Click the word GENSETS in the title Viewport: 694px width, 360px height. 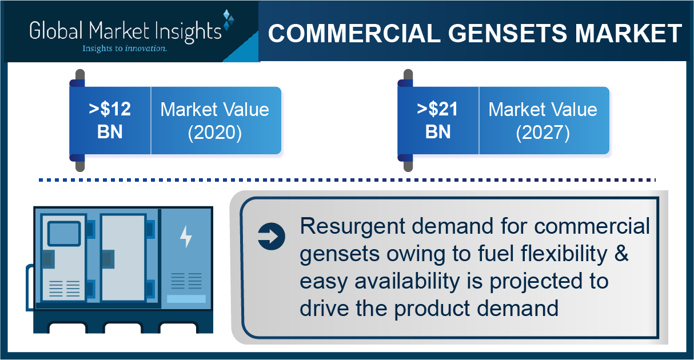click(x=508, y=33)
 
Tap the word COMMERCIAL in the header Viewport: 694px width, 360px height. click(x=354, y=33)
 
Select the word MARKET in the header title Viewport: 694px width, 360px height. click(x=628, y=33)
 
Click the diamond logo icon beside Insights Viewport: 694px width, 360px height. click(x=228, y=20)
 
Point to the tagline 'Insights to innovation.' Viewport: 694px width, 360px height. click(x=125, y=49)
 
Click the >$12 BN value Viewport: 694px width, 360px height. click(x=110, y=120)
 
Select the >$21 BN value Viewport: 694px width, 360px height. click(x=437, y=120)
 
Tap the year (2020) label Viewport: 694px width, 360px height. click(x=215, y=133)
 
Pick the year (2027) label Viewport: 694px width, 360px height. click(x=543, y=133)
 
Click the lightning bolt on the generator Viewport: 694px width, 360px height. click(x=186, y=237)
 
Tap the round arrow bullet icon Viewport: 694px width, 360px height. click(x=272, y=237)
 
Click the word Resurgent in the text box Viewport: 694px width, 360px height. click(x=353, y=227)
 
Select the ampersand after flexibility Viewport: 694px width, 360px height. click(x=621, y=253)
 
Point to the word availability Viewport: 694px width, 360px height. click(x=407, y=281)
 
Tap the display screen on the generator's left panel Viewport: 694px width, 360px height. click(x=64, y=234)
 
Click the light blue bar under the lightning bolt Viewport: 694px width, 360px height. click(x=186, y=299)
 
